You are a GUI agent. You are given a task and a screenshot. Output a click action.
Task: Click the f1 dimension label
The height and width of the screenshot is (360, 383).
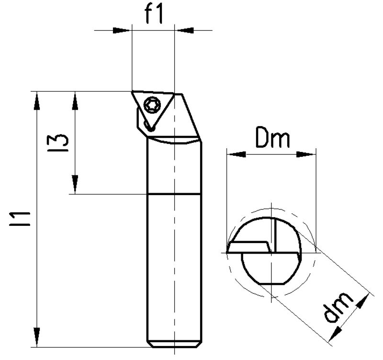pyautogui.click(x=154, y=14)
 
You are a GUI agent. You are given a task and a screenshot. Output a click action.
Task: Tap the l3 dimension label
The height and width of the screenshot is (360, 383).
pyautogui.click(x=58, y=143)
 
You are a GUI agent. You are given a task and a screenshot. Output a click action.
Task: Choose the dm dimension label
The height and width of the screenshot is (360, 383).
pyautogui.click(x=338, y=307)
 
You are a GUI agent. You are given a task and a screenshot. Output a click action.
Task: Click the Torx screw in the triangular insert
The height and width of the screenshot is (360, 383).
pyautogui.click(x=152, y=105)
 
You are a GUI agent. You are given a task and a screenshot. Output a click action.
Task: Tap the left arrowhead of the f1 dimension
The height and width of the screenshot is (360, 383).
pyautogui.click(x=121, y=30)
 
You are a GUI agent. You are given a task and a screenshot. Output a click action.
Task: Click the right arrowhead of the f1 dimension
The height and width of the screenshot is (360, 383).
pyautogui.click(x=185, y=30)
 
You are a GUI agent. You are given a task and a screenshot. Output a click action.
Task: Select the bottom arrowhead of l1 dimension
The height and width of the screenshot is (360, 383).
pyautogui.click(x=37, y=338)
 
